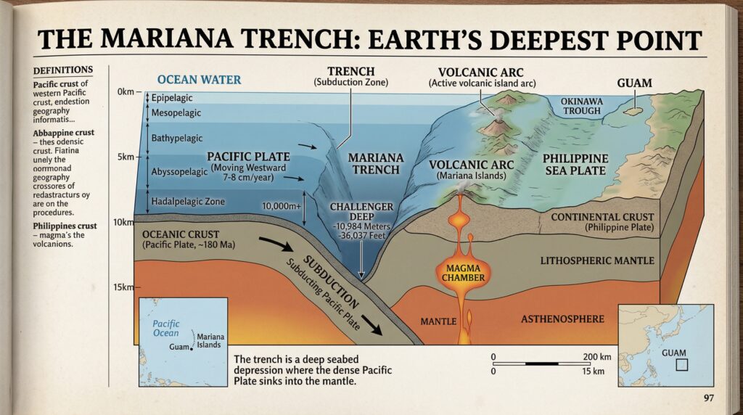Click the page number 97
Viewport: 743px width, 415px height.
click(709, 398)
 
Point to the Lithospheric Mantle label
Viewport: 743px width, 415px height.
click(597, 260)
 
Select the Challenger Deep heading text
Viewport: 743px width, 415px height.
click(361, 207)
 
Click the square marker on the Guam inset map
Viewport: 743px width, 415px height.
click(681, 365)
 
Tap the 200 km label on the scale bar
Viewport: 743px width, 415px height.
click(599, 357)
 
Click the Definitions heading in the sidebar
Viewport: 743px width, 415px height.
click(63, 70)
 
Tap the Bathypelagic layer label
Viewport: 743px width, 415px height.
click(178, 138)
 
